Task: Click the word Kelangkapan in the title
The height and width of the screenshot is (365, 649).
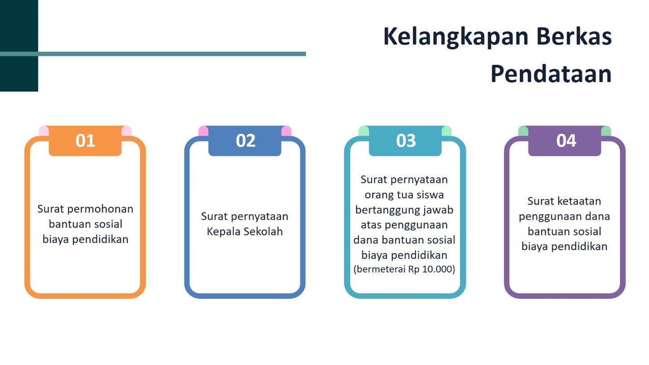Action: tap(456, 37)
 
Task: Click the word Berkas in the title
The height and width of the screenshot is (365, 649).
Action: tap(574, 37)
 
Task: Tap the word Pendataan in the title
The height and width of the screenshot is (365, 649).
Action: tap(551, 73)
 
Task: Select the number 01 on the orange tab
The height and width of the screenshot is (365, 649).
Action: tap(85, 141)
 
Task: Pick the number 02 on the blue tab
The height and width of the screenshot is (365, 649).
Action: tap(245, 141)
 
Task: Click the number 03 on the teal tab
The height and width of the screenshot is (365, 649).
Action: tap(406, 141)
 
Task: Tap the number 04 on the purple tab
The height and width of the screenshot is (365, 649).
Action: tap(566, 141)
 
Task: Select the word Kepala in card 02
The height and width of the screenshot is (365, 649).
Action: tap(223, 232)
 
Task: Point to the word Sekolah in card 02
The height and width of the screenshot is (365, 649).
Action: tap(263, 231)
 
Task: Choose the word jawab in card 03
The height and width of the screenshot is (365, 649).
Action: tap(439, 210)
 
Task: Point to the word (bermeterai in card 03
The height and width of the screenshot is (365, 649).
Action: tap(379, 269)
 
